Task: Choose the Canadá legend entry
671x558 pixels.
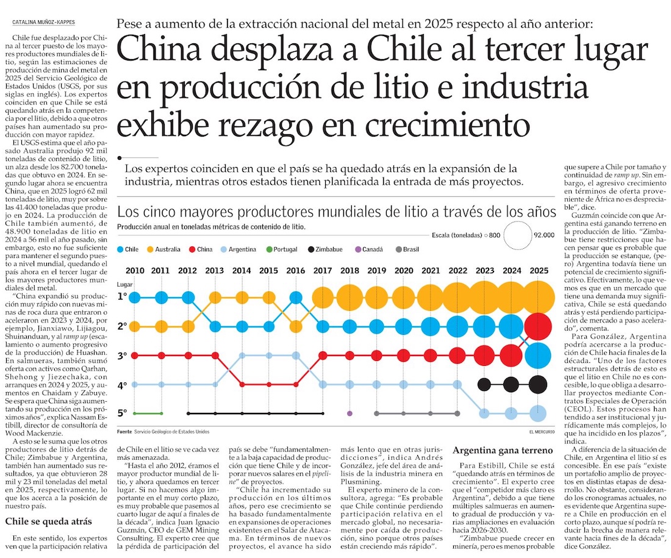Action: [x=369, y=249]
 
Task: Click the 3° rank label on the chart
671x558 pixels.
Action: [x=123, y=355]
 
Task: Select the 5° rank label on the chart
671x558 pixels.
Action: [x=123, y=413]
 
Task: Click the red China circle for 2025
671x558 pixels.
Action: [x=538, y=326]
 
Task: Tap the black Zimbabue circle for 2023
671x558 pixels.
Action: [x=484, y=384]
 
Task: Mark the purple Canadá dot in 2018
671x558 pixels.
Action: [x=349, y=413]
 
